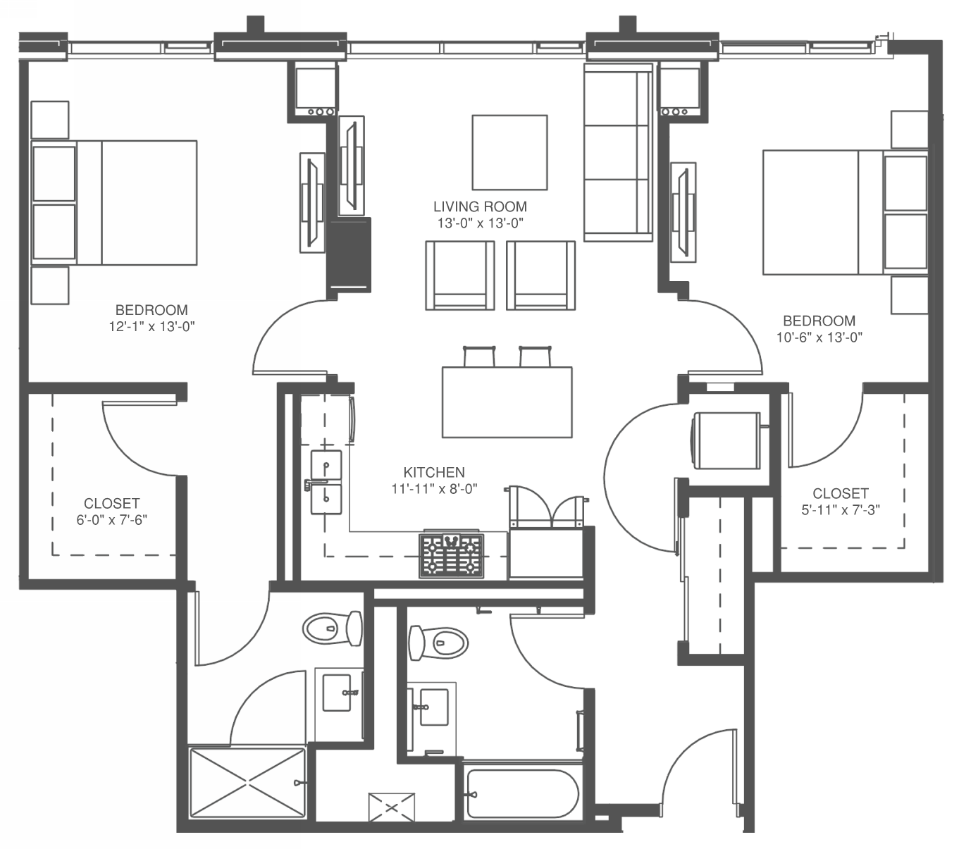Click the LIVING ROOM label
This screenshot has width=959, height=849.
tap(480, 207)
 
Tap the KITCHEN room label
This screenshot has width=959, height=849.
tap(434, 472)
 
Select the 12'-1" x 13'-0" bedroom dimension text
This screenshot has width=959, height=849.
tap(152, 326)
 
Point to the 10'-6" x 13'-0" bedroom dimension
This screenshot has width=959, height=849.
tap(819, 337)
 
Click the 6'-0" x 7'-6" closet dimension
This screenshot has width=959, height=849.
tap(112, 520)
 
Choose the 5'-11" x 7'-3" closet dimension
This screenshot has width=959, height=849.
tap(841, 510)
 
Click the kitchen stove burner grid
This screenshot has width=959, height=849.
tap(451, 556)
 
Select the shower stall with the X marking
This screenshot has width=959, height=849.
tap(247, 783)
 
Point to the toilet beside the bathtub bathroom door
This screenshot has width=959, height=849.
tap(438, 643)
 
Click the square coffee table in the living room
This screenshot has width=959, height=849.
tap(509, 152)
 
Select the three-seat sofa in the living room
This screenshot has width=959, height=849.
tap(618, 152)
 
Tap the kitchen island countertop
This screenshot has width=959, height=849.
tap(507, 402)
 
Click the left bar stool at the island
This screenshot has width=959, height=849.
tap(479, 357)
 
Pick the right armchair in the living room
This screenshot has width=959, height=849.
tap(540, 275)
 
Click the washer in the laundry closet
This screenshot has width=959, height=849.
tap(726, 440)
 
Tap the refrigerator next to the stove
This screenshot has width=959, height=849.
tap(546, 553)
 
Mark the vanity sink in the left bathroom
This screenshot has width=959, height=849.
tap(337, 693)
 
